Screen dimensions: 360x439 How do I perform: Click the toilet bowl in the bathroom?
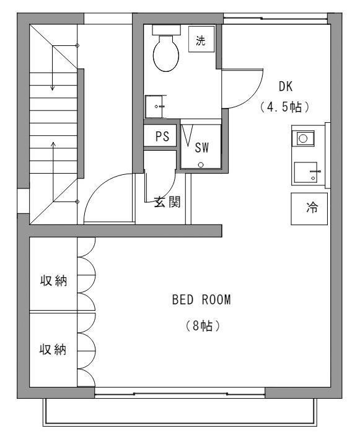[166, 53]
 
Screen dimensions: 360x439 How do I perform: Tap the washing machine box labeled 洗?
[201, 39]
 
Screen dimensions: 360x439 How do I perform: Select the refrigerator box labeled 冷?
[309, 208]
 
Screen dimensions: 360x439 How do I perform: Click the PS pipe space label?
[162, 136]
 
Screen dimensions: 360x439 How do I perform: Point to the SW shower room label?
[201, 148]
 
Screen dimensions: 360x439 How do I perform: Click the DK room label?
[286, 87]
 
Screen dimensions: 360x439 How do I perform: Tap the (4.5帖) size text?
[285, 107]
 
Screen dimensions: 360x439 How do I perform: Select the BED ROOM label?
[201, 299]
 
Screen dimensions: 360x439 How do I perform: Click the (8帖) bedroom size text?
[203, 326]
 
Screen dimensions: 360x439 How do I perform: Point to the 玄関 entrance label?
[167, 202]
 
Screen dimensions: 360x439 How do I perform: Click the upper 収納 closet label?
[53, 280]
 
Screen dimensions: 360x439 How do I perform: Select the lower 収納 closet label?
[53, 349]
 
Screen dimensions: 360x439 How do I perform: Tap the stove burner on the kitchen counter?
[303, 138]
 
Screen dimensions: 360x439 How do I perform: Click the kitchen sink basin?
[305, 172]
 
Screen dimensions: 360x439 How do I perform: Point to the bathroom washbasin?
[154, 107]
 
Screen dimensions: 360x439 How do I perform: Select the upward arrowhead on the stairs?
[53, 144]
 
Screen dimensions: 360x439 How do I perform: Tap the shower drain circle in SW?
[201, 165]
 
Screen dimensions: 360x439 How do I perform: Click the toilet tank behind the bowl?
[166, 30]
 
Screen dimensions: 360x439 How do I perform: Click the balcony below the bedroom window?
[180, 412]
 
